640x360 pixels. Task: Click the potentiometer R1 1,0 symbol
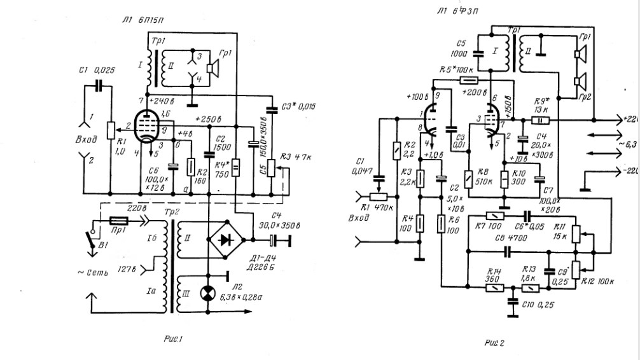(111, 130)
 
